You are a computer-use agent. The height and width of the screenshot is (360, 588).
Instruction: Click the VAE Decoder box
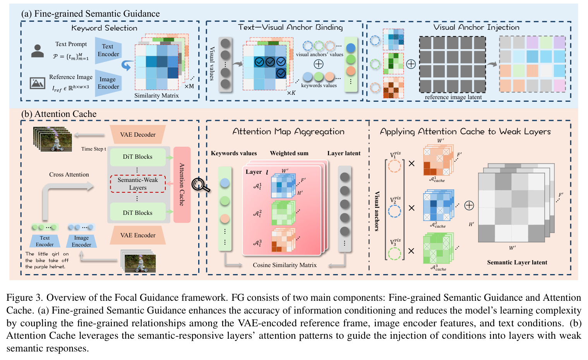[x=137, y=134]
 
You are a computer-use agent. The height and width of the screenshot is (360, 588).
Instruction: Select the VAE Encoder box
[x=137, y=235]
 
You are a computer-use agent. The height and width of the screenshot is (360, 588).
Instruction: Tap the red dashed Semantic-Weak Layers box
[x=138, y=184]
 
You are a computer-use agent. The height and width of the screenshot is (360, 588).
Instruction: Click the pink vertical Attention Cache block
[x=182, y=185]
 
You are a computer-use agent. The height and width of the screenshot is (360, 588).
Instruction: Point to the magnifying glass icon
[x=200, y=185]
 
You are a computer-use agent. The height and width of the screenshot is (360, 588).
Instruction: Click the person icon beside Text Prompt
[x=38, y=51]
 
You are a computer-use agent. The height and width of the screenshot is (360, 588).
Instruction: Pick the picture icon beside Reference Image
[x=37, y=83]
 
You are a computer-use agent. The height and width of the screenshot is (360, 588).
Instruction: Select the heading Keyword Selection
[x=104, y=28]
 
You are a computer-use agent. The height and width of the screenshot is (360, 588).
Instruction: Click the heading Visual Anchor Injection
[x=476, y=27]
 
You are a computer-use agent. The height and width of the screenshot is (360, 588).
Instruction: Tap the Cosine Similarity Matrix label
[x=285, y=265]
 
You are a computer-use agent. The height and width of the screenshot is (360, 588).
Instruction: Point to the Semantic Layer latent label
[x=517, y=262]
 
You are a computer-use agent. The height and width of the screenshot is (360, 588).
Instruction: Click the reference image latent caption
[x=453, y=97]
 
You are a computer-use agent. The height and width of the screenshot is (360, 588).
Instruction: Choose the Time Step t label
[x=93, y=149]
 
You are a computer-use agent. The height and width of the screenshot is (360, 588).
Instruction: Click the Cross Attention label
[x=69, y=175]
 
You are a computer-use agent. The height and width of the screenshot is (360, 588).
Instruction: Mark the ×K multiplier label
[x=291, y=93]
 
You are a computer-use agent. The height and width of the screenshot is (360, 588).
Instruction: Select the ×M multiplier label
[x=189, y=86]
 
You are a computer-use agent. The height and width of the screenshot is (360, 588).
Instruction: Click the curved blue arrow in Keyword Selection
[x=126, y=65]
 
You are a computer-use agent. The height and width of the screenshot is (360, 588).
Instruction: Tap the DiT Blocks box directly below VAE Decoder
[x=138, y=157]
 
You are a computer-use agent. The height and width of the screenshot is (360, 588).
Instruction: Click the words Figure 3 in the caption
[x=24, y=298]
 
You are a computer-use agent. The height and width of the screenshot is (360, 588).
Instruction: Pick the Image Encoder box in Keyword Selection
[x=108, y=83]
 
